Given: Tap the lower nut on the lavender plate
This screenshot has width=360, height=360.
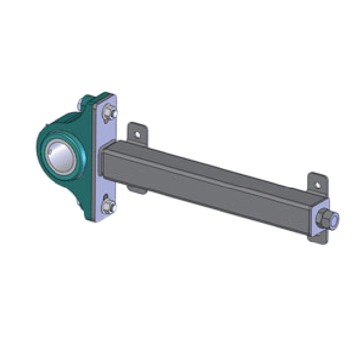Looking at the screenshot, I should coord(108,206).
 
